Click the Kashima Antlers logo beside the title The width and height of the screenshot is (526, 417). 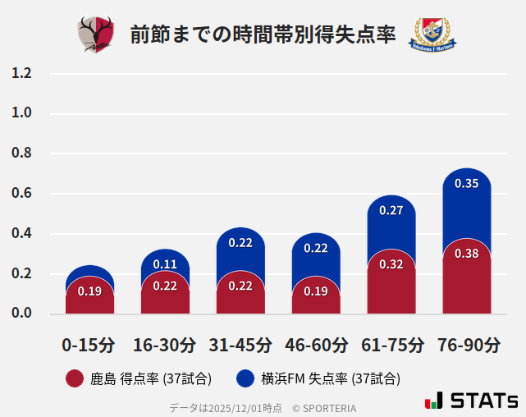click(96, 34)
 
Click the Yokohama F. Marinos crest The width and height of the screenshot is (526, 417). click(432, 34)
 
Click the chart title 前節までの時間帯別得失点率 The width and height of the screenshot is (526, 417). click(263, 35)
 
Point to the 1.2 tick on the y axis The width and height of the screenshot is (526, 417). click(22, 74)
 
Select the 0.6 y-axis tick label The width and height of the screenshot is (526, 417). click(22, 194)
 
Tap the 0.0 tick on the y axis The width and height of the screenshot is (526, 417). click(22, 314)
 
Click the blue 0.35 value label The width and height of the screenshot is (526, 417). click(467, 184)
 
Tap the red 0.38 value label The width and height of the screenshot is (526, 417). click(467, 254)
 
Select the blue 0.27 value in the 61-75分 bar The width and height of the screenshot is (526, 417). click(391, 211)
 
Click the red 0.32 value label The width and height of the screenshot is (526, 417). click(391, 264)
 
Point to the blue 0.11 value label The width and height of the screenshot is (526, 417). click(165, 264)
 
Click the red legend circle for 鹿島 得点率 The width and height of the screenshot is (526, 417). click(75, 378)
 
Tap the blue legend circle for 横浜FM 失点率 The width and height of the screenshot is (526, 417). click(245, 378)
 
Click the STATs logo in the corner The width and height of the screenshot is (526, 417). click(472, 401)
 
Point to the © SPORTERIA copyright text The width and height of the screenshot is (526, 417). click(324, 408)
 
